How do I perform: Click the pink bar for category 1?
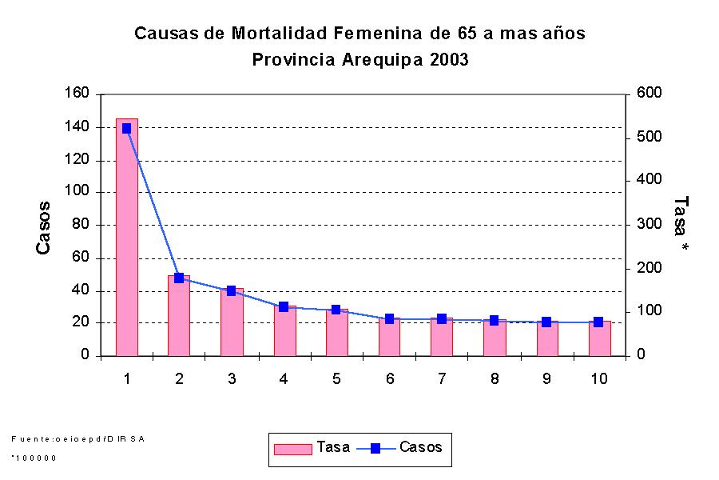126,240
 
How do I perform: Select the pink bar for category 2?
179,317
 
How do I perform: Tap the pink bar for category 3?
232,323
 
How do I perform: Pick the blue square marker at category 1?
126,128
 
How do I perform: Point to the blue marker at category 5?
336,310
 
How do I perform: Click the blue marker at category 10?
598,322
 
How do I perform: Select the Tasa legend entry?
312,448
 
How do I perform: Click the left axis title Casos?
44,227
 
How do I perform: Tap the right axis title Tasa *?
681,226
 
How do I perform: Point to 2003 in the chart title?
447,60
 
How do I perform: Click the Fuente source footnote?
78,438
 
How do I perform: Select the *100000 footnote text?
34,458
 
